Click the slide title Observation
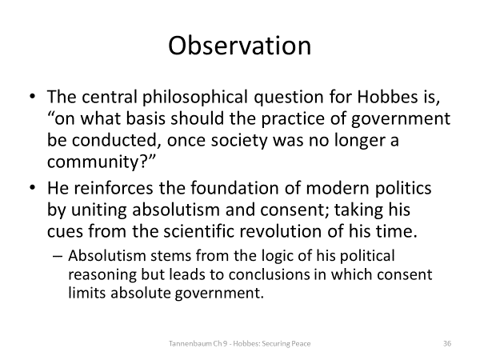pos(240,46)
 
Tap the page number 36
pos(447,343)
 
